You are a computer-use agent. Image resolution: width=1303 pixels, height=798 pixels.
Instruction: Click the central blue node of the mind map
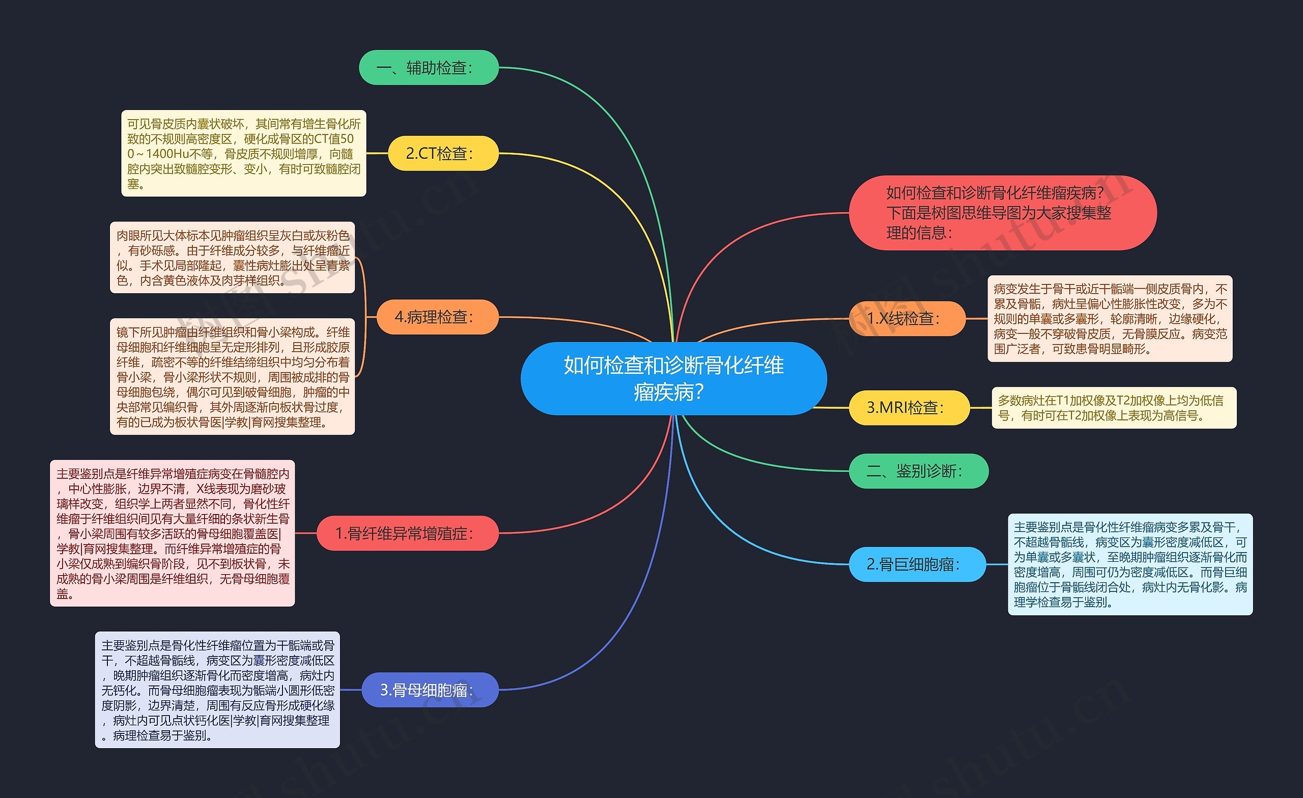[x=673, y=378]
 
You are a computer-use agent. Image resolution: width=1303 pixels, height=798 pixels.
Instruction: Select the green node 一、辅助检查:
[x=429, y=68]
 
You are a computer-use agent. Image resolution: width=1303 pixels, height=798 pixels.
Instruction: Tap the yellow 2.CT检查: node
[x=443, y=153]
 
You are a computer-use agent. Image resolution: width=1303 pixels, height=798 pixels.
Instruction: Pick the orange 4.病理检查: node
[x=437, y=317]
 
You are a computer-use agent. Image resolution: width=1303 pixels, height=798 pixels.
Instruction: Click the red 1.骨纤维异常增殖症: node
[x=407, y=533]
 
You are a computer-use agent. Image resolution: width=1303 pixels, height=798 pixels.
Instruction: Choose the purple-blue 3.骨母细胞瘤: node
[x=430, y=690]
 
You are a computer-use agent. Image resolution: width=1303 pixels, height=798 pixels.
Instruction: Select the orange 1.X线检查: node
[x=907, y=319]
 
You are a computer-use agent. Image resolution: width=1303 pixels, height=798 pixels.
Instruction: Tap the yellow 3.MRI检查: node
[x=909, y=408]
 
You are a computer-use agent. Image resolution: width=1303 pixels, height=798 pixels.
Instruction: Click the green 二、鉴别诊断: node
[x=918, y=471]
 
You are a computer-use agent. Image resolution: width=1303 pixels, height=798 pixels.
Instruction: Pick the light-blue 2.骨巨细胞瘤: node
[x=917, y=564]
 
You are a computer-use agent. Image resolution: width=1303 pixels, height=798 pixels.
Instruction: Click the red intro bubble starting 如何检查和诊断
[x=1002, y=213]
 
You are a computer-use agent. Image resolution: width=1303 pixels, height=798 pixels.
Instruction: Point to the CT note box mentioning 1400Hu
[x=243, y=153]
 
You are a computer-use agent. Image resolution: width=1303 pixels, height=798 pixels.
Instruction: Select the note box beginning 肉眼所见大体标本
[x=232, y=258]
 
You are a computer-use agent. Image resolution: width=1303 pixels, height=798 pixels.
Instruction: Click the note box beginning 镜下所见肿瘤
[x=232, y=377]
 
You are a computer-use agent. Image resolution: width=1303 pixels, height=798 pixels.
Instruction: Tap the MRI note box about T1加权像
[x=1114, y=408]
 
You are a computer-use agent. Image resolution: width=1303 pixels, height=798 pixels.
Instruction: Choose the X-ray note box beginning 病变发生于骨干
[x=1110, y=319]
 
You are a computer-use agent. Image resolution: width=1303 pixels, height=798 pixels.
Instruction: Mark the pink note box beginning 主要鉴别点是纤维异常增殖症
[x=173, y=533]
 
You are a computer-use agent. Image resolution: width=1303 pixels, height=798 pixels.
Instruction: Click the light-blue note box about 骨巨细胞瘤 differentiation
[x=1130, y=564]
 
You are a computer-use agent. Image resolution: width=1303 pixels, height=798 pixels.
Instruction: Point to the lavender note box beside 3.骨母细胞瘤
[x=217, y=690]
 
